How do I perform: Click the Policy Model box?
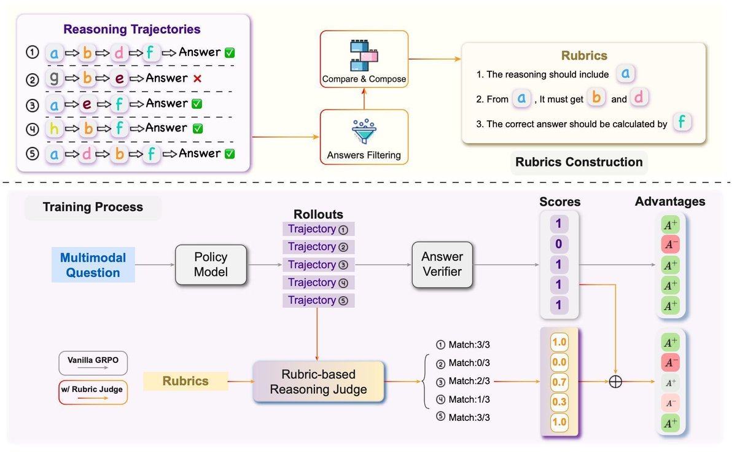[211, 265]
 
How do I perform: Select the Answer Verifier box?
[442, 264]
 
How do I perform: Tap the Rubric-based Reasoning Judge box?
[318, 381]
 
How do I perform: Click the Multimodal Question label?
[93, 265]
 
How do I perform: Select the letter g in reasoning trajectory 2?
[54, 78]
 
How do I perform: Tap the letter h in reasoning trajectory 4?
[54, 128]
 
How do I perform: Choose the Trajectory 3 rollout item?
[318, 265]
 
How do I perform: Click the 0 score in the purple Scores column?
[559, 244]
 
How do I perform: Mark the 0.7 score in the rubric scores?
[558, 382]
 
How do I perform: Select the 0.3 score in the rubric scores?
[558, 402]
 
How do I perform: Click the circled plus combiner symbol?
[615, 381]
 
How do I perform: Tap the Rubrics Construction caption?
[579, 162]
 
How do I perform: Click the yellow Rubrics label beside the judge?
[185, 381]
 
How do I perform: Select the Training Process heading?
[93, 207]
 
